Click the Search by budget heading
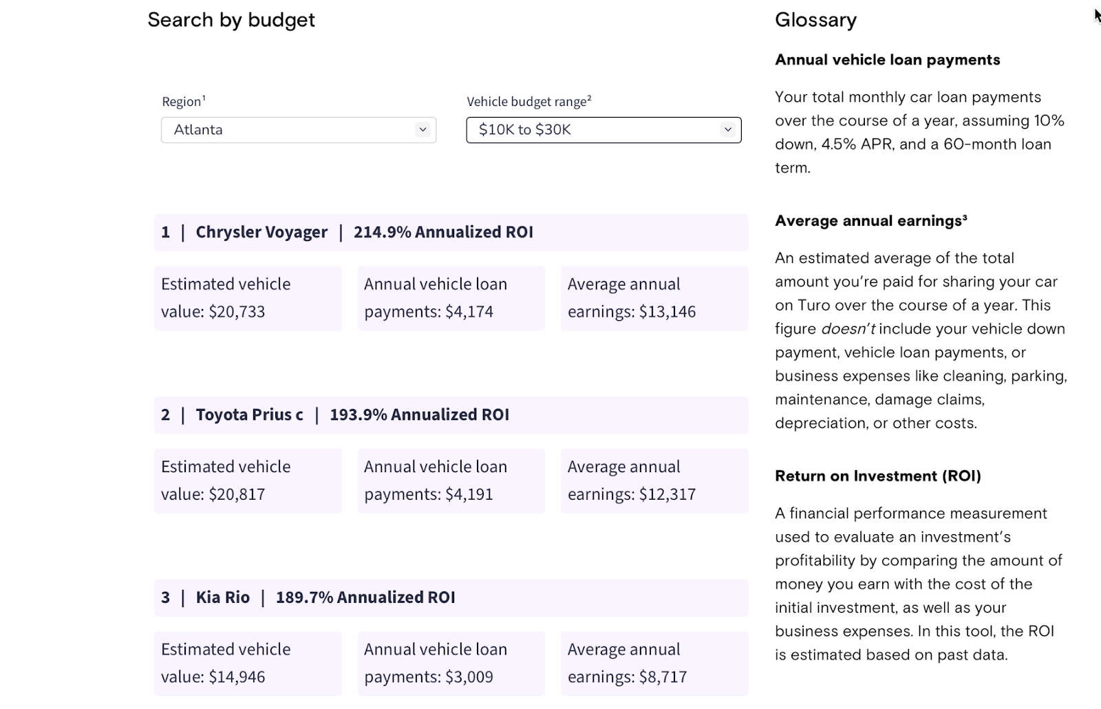click(x=231, y=20)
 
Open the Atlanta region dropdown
click(x=298, y=130)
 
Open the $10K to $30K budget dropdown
click(x=603, y=130)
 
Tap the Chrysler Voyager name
click(x=261, y=232)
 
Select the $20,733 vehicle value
click(x=237, y=312)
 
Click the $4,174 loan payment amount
click(x=469, y=312)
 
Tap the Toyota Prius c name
click(x=249, y=415)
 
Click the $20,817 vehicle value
click(x=237, y=494)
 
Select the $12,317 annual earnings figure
click(x=667, y=494)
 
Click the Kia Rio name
click(x=222, y=597)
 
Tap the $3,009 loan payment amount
click(x=469, y=677)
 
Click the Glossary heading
click(x=815, y=20)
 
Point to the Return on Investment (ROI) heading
click(x=878, y=476)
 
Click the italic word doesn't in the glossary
click(x=848, y=329)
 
